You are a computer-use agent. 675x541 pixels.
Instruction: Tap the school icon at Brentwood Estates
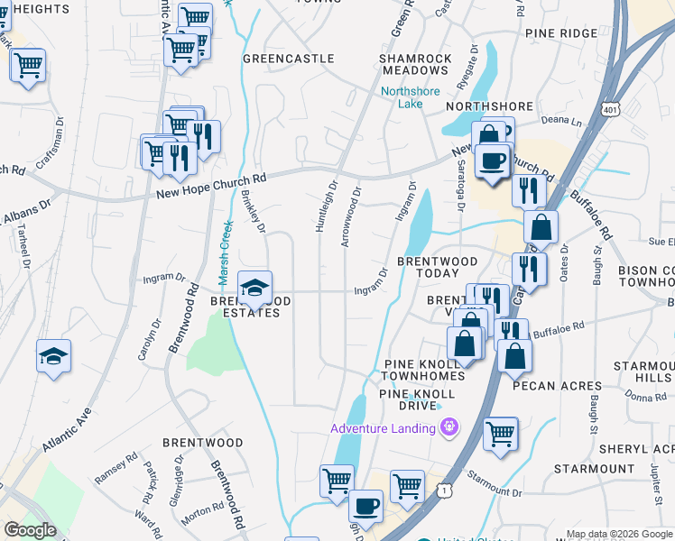pos(255,287)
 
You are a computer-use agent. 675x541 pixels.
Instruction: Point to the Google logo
pos(30,530)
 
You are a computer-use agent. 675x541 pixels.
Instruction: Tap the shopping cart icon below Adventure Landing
pos(500,434)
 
